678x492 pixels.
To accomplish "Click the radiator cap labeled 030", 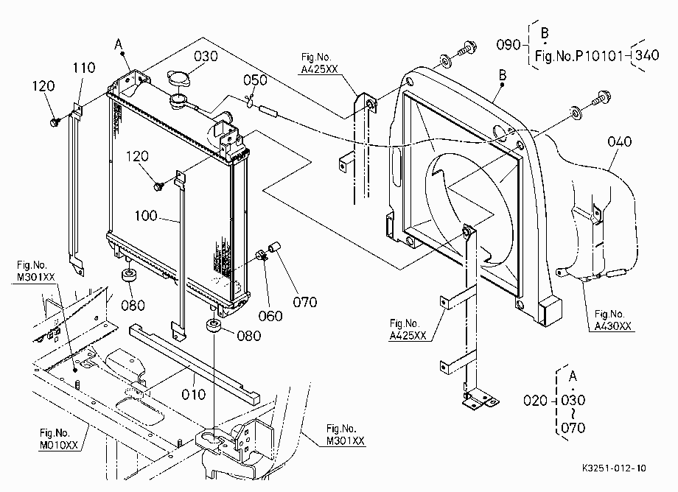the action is tap(178, 80).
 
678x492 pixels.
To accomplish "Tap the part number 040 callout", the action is tap(619, 141).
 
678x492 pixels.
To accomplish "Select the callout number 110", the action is tap(83, 68).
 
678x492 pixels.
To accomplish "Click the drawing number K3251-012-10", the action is tap(614, 468).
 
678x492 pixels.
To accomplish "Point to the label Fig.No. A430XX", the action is tap(612, 320).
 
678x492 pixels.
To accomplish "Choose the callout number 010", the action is tap(193, 394).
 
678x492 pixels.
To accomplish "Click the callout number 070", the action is tap(305, 302).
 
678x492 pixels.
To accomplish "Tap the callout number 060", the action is tap(270, 316).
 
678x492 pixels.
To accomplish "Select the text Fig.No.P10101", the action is tap(579, 56).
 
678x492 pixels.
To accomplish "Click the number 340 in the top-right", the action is tap(647, 55).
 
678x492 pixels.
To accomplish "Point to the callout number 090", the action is tap(508, 44).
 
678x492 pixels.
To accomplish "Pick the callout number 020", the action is tap(535, 401).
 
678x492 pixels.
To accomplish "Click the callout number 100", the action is tap(146, 216).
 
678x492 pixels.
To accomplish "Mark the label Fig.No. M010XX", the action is tap(59, 439).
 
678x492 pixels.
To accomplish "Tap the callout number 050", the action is tap(255, 80).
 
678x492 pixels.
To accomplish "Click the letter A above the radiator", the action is tap(119, 44).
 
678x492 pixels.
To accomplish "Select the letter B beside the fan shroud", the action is tap(503, 74).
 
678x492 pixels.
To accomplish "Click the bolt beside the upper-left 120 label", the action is tap(55, 122).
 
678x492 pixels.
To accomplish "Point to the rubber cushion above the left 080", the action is tap(128, 275).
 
